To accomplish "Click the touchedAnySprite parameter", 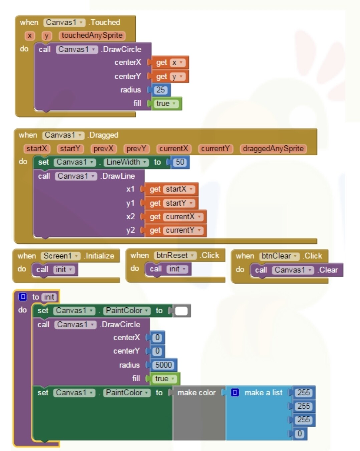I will coord(92,35).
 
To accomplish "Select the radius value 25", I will coord(160,90).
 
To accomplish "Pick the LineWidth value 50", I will coord(180,162).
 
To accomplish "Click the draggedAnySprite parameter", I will coord(273,148).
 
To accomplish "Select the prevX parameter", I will coord(103,148).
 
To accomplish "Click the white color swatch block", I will coord(181,311).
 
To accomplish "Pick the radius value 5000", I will coord(163,365).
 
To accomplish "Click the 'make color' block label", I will coord(197,393).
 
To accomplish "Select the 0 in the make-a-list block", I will coord(300,434).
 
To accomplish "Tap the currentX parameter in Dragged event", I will coord(173,148).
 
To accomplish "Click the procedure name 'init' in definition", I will coord(49,297).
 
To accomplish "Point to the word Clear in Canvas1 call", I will coord(329,270).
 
